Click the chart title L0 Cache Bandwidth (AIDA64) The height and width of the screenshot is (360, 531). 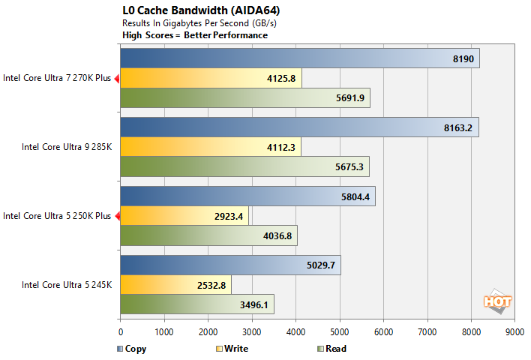[x=196, y=11]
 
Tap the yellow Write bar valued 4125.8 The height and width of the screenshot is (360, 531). [x=211, y=78]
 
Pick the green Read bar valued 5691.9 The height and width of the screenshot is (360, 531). [x=244, y=97]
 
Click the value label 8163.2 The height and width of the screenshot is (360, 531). [x=457, y=128]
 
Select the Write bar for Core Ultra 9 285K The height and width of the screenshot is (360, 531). [x=210, y=147]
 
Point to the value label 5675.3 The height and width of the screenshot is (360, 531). [x=348, y=166]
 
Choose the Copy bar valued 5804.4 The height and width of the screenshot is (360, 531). [x=247, y=196]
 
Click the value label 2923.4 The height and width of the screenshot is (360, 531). [x=227, y=216]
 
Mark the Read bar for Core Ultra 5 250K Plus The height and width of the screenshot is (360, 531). [x=208, y=235]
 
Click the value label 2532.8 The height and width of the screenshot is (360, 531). [x=210, y=285]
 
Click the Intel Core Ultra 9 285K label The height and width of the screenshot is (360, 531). [x=67, y=147]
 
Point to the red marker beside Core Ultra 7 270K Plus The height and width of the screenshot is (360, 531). [x=116, y=78]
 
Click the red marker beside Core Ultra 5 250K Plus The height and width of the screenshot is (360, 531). [x=116, y=216]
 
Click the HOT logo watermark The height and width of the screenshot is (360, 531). [x=497, y=301]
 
